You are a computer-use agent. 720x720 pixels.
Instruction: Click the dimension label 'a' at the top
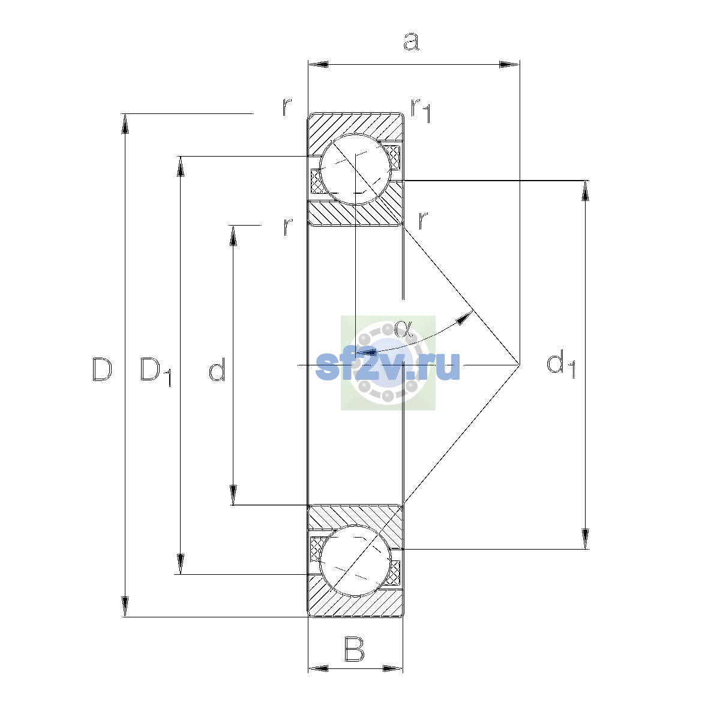coord(412,41)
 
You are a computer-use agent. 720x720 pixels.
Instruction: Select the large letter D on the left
coord(102,370)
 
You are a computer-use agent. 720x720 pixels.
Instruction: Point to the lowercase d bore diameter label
coord(217,369)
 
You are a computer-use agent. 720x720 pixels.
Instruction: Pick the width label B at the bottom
coord(354,649)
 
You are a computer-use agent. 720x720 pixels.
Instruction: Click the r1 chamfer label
coord(421,110)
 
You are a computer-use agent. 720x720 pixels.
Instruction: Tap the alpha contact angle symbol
coord(403,328)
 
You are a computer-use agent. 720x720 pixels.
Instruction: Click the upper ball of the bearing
coord(355,169)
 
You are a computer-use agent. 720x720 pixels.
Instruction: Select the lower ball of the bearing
coord(355,560)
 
